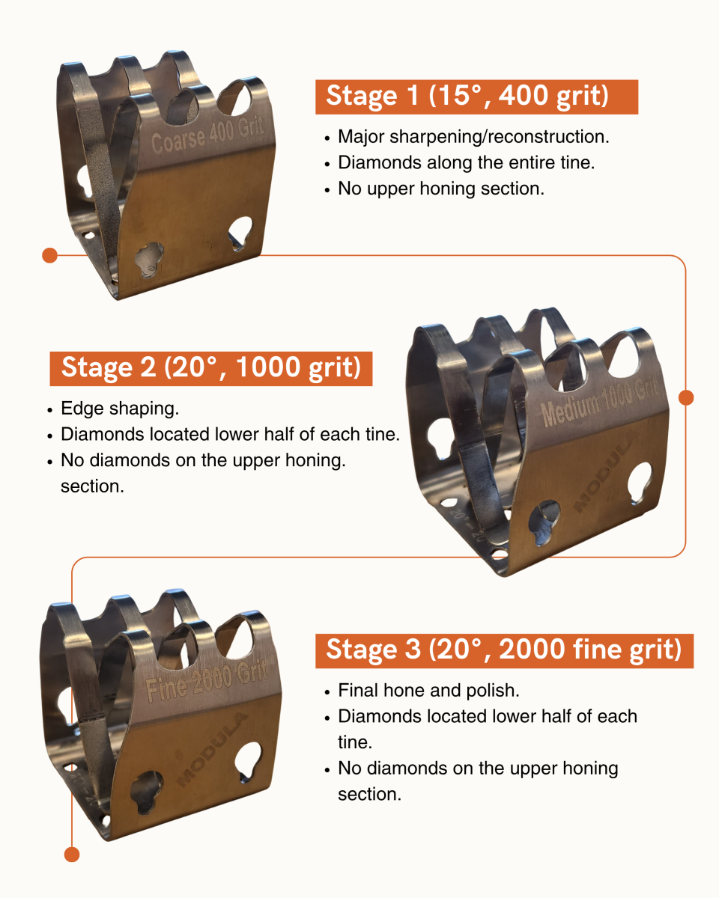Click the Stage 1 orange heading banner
point(476,97)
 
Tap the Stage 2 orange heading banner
point(211,368)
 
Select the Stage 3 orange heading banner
point(504,651)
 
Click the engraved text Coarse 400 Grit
point(207,135)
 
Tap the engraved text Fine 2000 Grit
point(207,681)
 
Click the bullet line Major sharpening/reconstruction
point(473,137)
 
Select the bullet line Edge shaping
point(120,409)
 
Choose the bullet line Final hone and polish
point(428,691)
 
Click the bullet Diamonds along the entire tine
point(467,162)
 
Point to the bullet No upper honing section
point(441,189)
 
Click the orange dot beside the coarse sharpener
point(49,255)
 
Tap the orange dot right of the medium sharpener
point(686,397)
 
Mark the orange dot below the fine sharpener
point(72,854)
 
